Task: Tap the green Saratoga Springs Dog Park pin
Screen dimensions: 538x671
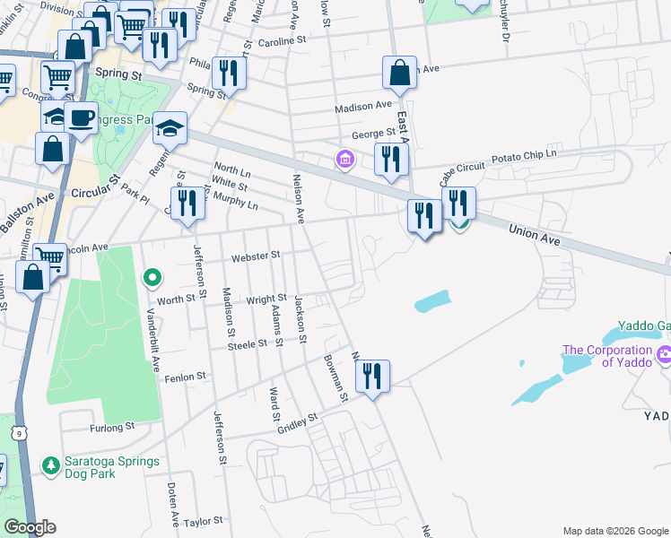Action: pyautogui.click(x=51, y=465)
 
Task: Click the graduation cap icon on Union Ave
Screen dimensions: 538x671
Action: pyautogui.click(x=169, y=128)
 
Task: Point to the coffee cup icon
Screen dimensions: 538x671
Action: pyautogui.click(x=81, y=117)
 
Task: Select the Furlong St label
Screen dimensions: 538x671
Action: pyautogui.click(x=111, y=427)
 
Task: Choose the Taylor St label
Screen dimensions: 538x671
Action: pyautogui.click(x=202, y=522)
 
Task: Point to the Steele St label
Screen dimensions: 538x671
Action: pyautogui.click(x=248, y=343)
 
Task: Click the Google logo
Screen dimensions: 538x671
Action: pyautogui.click(x=29, y=527)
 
